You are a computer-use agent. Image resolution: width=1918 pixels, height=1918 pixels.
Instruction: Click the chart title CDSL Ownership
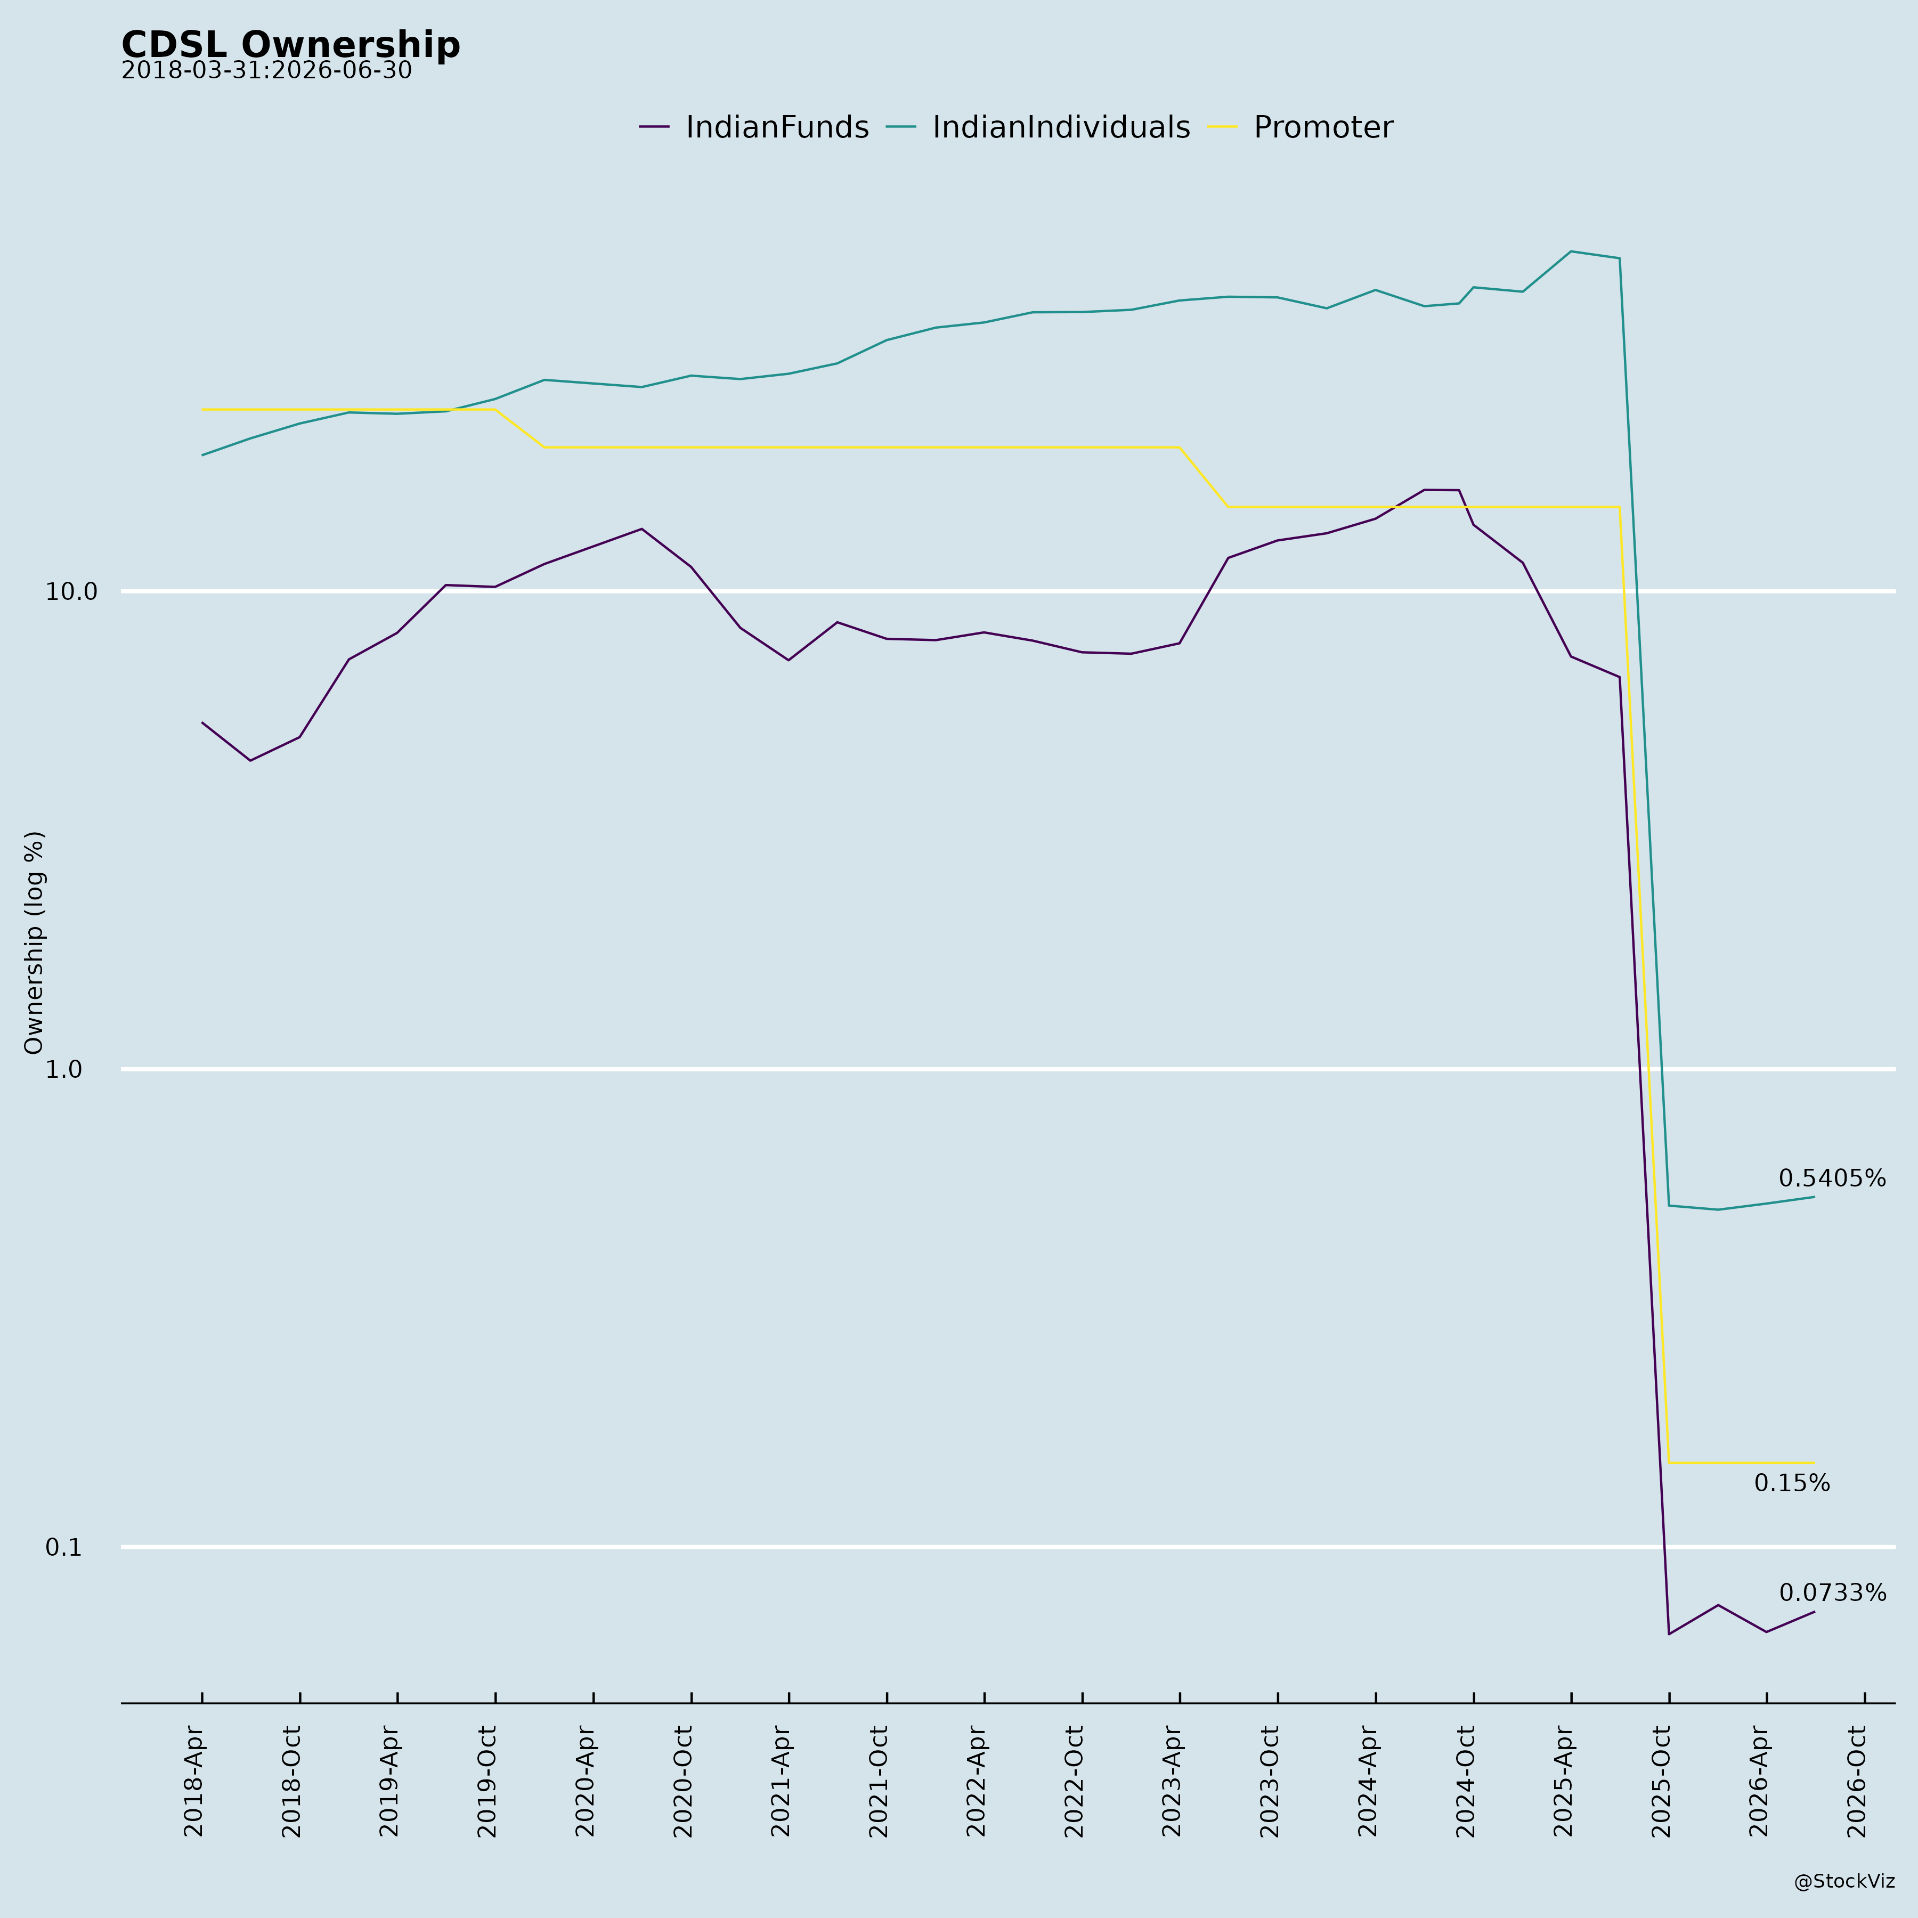[x=291, y=46]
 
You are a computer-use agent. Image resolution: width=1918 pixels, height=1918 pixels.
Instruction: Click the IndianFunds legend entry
[x=754, y=128]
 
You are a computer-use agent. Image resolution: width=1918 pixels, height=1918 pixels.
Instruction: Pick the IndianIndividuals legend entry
[x=1038, y=128]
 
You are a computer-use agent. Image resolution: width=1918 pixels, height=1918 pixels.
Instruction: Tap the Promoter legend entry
[x=1301, y=128]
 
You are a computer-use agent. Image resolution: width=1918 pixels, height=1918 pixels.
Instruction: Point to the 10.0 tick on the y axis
[x=71, y=592]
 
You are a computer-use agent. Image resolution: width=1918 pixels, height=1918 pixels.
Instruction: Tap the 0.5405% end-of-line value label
[x=1832, y=1179]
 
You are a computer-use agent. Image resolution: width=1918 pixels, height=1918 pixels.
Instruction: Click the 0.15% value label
[x=1792, y=1483]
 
